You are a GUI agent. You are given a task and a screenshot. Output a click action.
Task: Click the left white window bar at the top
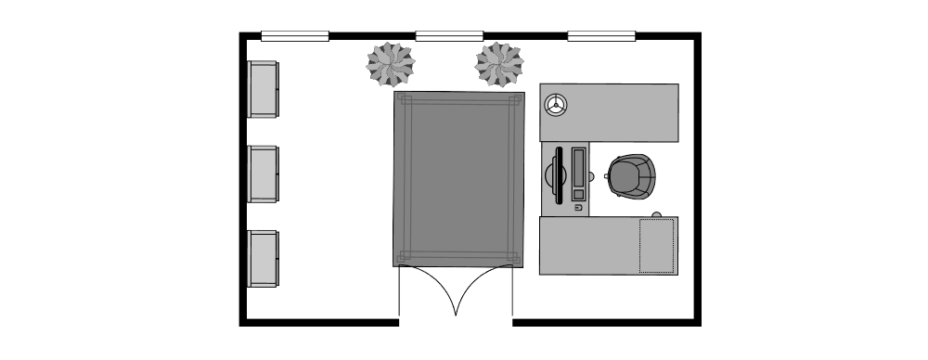(295, 36)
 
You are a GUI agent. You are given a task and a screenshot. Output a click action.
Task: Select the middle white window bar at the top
(449, 36)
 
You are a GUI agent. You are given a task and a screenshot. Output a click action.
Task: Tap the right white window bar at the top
(601, 36)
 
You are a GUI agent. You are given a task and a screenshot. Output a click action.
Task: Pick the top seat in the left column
(263, 89)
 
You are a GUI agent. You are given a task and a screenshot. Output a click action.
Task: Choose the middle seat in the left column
(263, 174)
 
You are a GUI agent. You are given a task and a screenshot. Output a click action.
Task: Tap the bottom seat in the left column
(263, 258)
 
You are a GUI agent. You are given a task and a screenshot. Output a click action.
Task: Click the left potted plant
(390, 64)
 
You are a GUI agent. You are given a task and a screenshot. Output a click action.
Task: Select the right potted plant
(499, 64)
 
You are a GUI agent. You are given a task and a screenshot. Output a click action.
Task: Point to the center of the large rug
(458, 179)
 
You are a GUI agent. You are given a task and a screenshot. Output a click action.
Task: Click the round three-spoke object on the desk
(556, 105)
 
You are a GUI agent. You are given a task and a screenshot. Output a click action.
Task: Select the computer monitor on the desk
(558, 174)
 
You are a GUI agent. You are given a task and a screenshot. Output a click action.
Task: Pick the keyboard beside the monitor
(579, 174)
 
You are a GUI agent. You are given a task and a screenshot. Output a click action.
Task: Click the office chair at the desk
(633, 175)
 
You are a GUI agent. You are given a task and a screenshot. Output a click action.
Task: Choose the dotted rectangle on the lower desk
(657, 246)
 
